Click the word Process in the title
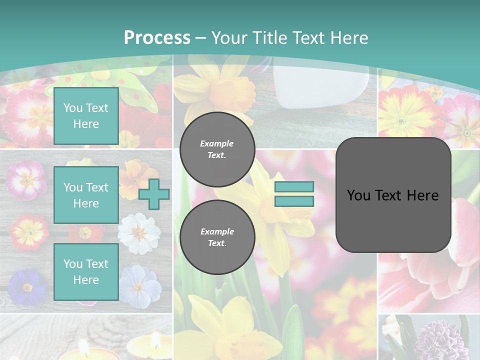pyautogui.click(x=157, y=37)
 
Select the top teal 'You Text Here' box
pyautogui.click(x=86, y=116)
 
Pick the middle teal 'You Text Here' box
pyautogui.click(x=86, y=195)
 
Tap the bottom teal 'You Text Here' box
pyautogui.click(x=86, y=271)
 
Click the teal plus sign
pyautogui.click(x=154, y=194)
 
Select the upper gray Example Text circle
pyautogui.click(x=217, y=149)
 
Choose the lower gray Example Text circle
pyautogui.click(x=217, y=237)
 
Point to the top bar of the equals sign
pyautogui.click(x=294, y=187)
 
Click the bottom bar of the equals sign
pyautogui.click(x=294, y=201)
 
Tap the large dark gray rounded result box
pyautogui.click(x=393, y=195)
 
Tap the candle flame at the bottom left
pyautogui.click(x=81, y=345)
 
